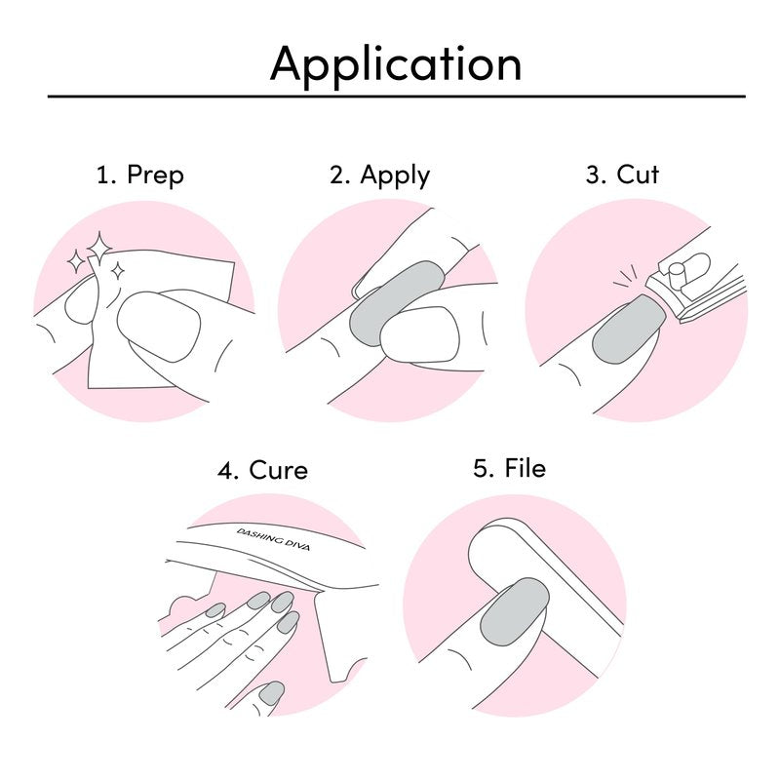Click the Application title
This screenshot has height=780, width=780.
(396, 65)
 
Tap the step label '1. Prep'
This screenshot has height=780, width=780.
(140, 175)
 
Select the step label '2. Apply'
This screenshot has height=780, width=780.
(379, 175)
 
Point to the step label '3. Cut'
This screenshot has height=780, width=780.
(622, 175)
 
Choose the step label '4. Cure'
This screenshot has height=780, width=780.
(262, 470)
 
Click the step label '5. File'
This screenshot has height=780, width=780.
(509, 468)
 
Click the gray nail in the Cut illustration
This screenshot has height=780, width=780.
(629, 330)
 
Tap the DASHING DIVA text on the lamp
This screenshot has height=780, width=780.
(273, 539)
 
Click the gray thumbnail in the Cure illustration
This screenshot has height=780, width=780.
(272, 693)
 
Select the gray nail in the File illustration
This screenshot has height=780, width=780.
(515, 612)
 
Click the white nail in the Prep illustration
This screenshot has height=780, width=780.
(159, 327)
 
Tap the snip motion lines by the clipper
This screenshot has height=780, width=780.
(626, 278)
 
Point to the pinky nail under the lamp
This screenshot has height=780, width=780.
(214, 610)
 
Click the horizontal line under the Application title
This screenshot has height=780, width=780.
(397, 97)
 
